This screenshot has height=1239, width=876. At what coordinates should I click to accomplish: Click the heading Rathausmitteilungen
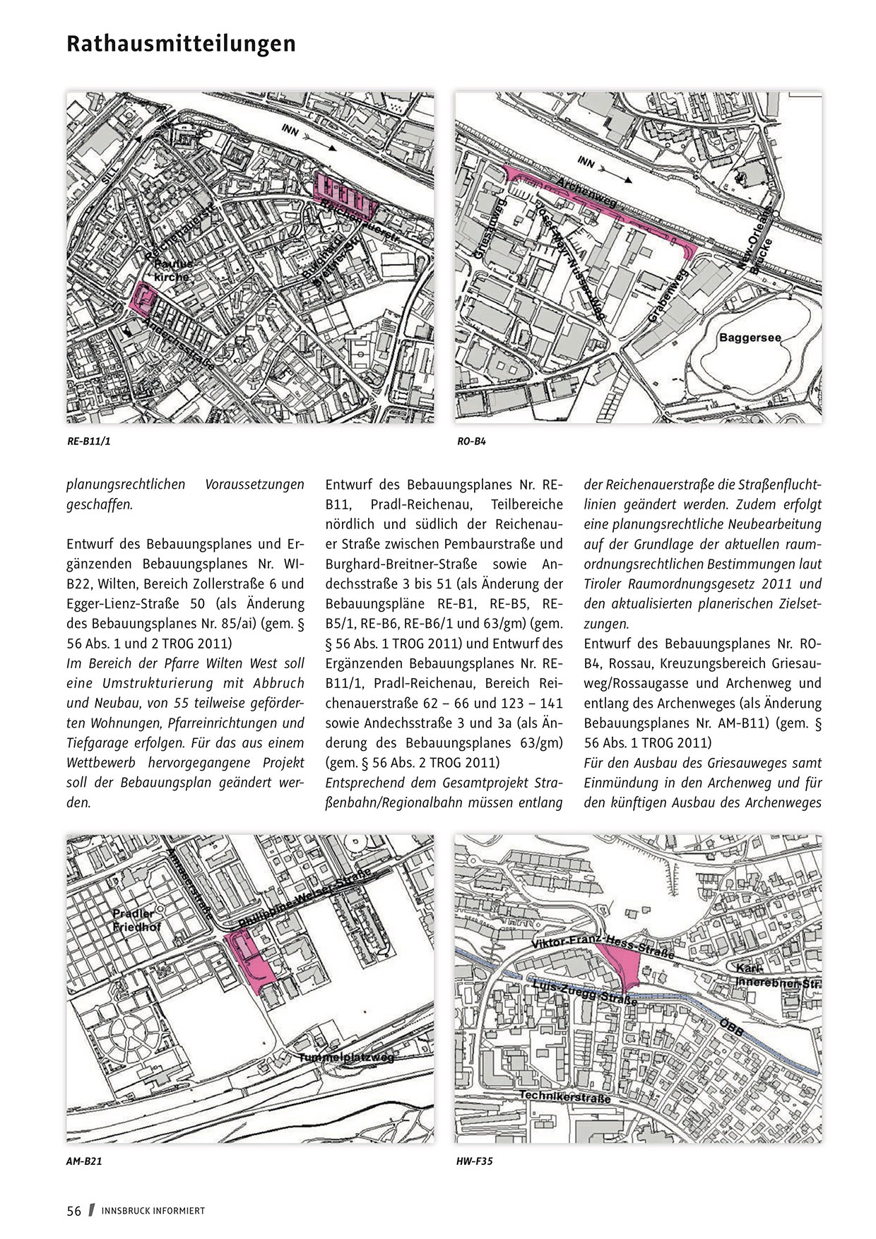click(x=181, y=44)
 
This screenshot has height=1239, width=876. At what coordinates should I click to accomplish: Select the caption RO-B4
click(x=472, y=442)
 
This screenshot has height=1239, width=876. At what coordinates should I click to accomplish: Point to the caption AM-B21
click(x=85, y=1161)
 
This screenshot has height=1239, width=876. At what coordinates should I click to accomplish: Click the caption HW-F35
click(x=475, y=1161)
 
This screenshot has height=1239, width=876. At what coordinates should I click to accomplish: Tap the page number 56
click(x=74, y=1210)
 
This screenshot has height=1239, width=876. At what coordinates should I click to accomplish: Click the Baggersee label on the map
click(x=750, y=338)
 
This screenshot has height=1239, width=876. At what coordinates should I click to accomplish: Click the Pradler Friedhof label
click(x=137, y=920)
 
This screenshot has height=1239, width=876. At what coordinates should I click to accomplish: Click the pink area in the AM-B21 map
click(x=249, y=961)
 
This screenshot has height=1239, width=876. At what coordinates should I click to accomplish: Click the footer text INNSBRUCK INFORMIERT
click(x=153, y=1211)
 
